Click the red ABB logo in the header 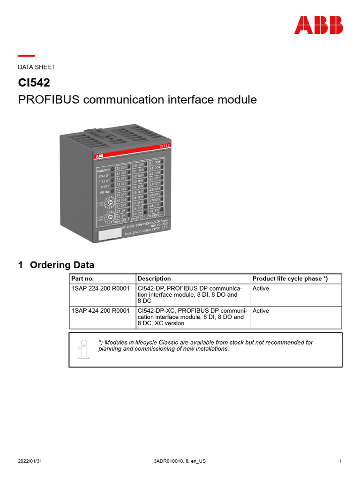(x=318, y=25)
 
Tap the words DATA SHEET (x=36, y=67)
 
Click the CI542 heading (x=34, y=83)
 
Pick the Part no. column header (x=82, y=278)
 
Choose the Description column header (x=154, y=278)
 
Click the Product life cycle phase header (x=290, y=278)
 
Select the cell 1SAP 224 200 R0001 (x=100, y=288)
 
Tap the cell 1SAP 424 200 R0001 (x=100, y=311)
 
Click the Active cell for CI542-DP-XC (x=261, y=311)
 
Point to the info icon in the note (x=84, y=348)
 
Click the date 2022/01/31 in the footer (x=30, y=461)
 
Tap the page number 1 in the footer (x=340, y=461)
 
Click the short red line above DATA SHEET (x=26, y=56)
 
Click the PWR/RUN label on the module (x=103, y=171)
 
